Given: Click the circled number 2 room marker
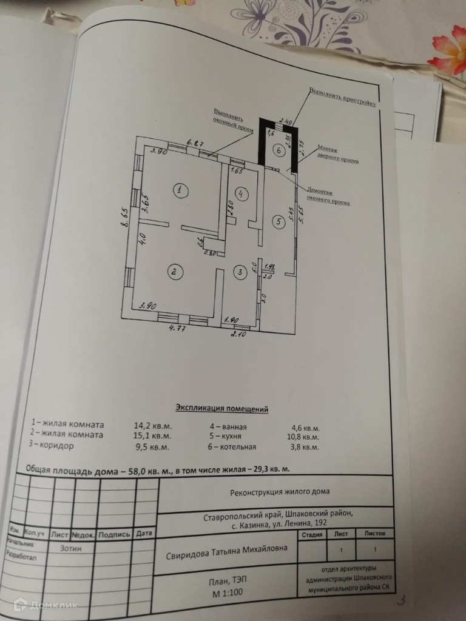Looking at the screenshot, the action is (174, 272).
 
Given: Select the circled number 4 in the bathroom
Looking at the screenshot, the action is (241, 193).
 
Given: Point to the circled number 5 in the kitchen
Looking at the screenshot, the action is (279, 221).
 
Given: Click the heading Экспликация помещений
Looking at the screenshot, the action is (221, 408).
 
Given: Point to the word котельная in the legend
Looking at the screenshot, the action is (235, 447).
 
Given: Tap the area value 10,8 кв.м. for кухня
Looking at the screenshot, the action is (302, 436).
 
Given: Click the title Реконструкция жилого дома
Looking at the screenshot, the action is (281, 492).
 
